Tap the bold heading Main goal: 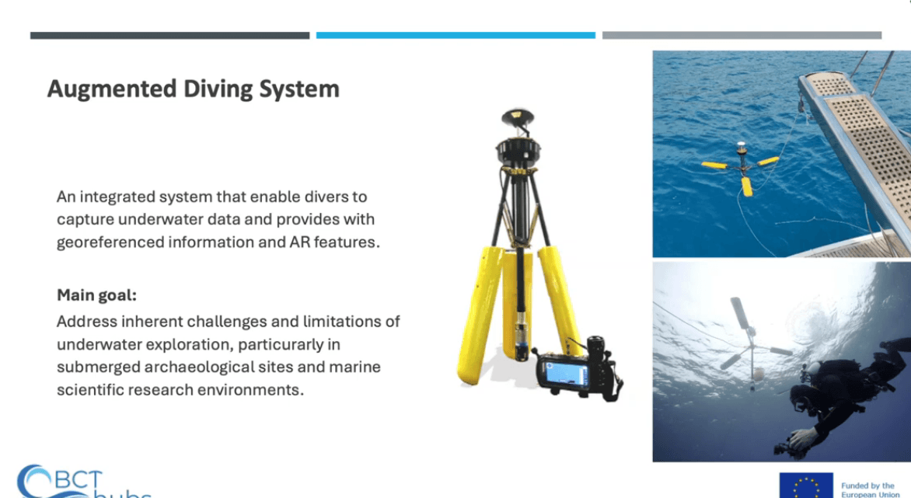coord(96,295)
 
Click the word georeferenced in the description coord(110,242)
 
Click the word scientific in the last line coord(90,389)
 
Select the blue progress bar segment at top coord(455,36)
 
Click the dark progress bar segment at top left coord(169,36)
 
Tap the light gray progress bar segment coord(742,36)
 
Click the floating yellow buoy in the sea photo coord(742,167)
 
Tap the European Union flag coord(806,486)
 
